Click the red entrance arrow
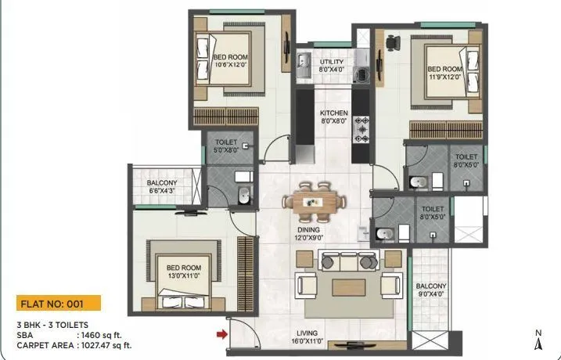[222, 335]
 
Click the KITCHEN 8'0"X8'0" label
[334, 117]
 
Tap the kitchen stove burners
[362, 130]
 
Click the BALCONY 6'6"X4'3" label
[166, 186]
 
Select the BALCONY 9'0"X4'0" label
[431, 290]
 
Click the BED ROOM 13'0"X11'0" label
[179, 271]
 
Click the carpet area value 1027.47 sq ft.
[105, 344]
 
